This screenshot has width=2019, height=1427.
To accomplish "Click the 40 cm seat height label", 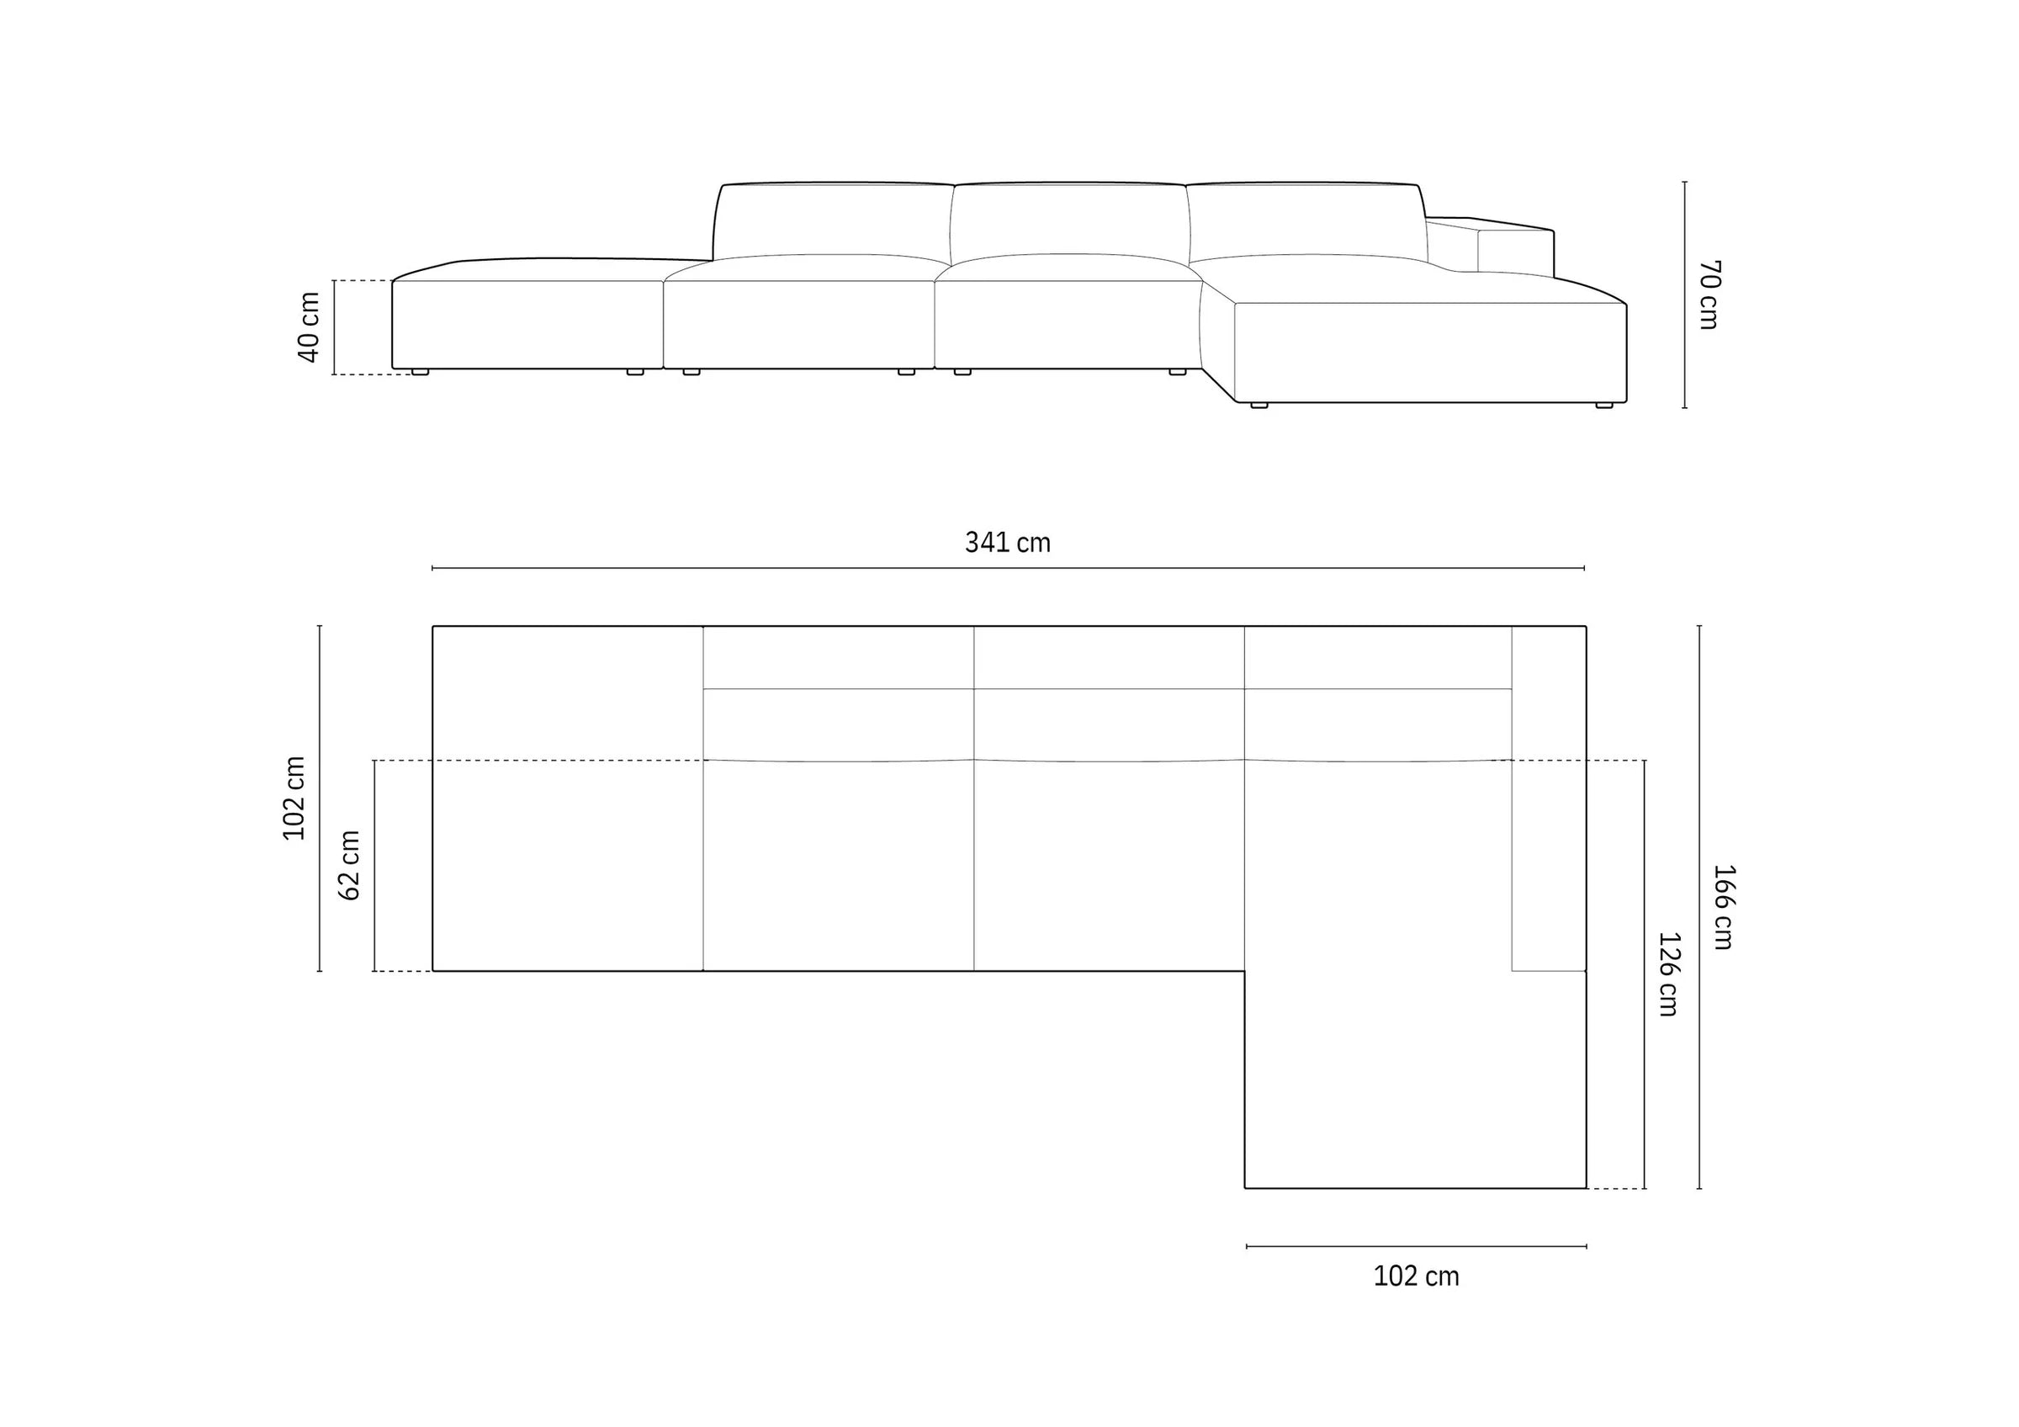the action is point(309,327).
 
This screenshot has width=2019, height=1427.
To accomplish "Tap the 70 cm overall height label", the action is point(1709,294).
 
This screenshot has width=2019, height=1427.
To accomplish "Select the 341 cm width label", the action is point(1008,543).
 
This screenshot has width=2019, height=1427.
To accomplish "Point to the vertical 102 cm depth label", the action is point(294,798).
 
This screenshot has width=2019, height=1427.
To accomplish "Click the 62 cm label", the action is point(350,865).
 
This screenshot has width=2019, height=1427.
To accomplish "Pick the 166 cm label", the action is point(1724,907).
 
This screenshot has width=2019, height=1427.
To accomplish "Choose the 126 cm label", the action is point(1668,974).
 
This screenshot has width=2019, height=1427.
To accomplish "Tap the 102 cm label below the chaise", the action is point(1416,1276).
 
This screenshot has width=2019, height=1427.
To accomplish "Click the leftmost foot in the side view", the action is point(421,372).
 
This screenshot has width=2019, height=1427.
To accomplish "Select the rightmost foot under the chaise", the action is point(1604,406).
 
